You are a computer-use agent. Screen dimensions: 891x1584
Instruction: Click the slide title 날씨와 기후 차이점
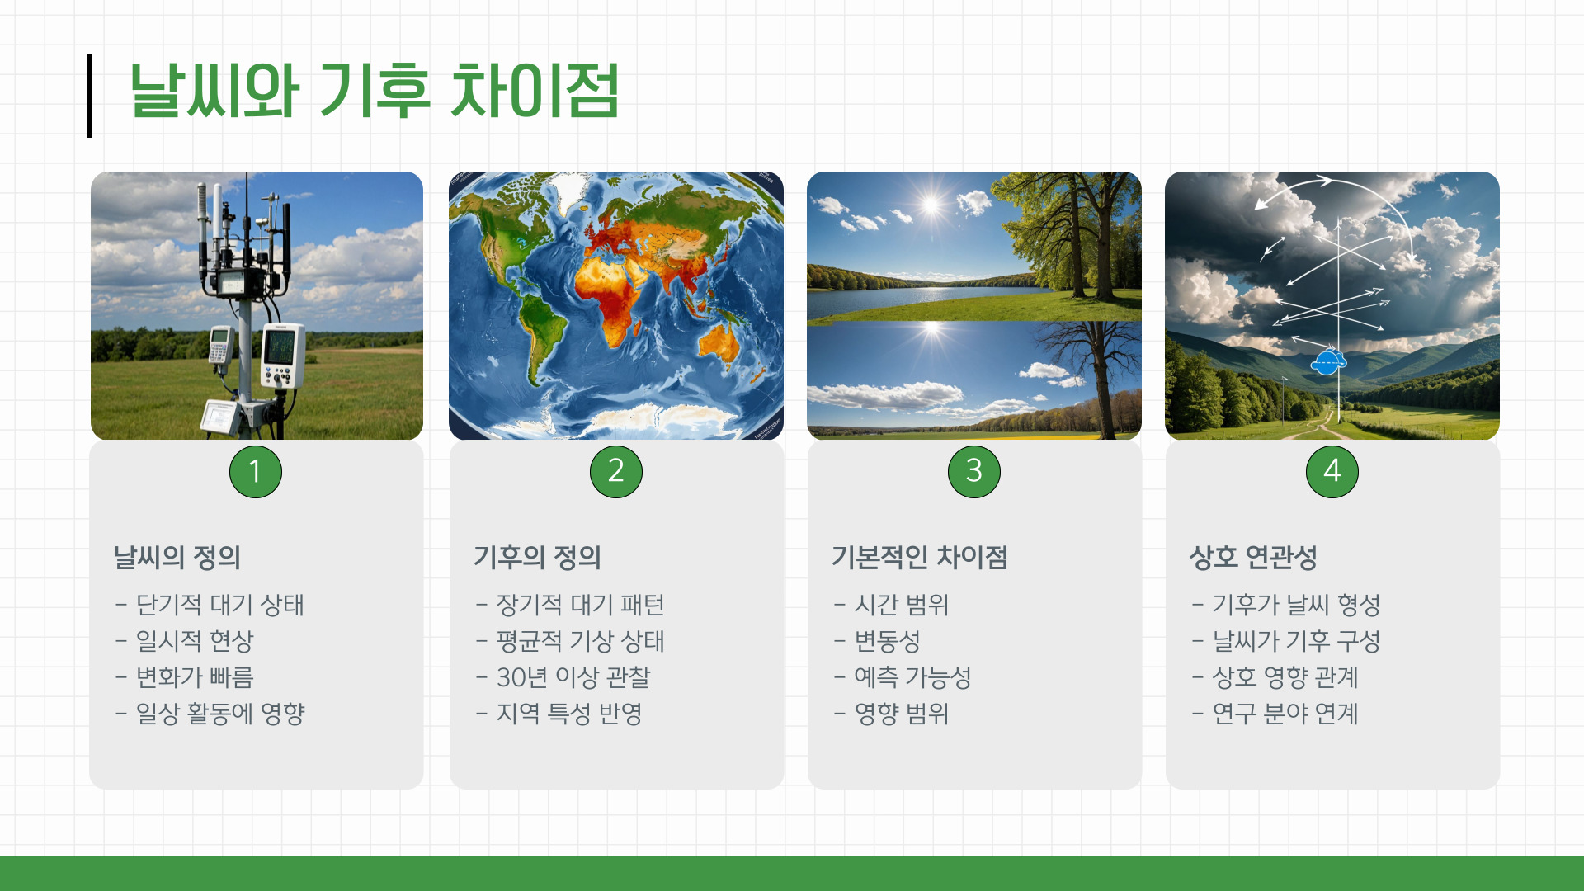tap(374, 91)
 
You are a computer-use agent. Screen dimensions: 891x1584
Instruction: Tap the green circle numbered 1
tap(255, 471)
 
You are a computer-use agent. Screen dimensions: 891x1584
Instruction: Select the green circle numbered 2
tap(615, 471)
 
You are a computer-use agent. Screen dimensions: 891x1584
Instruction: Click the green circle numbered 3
tap(973, 471)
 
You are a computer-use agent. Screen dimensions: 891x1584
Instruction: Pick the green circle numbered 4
tap(1332, 471)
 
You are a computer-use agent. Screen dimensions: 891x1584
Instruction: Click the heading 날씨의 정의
tap(177, 557)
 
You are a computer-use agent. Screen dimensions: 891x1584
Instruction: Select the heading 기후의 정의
tap(536, 557)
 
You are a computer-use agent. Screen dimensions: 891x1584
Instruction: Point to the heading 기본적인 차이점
tap(919, 557)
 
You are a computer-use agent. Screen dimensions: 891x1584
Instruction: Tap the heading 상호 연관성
tap(1252, 557)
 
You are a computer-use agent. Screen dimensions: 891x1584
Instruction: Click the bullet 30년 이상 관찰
tap(573, 677)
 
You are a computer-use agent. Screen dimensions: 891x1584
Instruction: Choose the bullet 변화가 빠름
tap(194, 677)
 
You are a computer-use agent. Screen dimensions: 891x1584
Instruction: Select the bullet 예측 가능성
tap(912, 677)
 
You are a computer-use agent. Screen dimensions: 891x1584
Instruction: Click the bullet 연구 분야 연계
tap(1285, 714)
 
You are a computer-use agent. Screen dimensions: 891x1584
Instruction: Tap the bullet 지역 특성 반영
tap(568, 714)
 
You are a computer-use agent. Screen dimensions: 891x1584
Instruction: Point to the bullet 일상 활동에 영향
tap(219, 714)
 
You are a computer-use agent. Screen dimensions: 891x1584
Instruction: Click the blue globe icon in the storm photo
tap(1327, 362)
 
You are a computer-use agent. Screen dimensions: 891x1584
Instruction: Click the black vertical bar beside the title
tap(89, 95)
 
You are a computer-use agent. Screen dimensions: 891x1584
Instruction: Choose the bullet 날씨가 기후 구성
tap(1295, 641)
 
